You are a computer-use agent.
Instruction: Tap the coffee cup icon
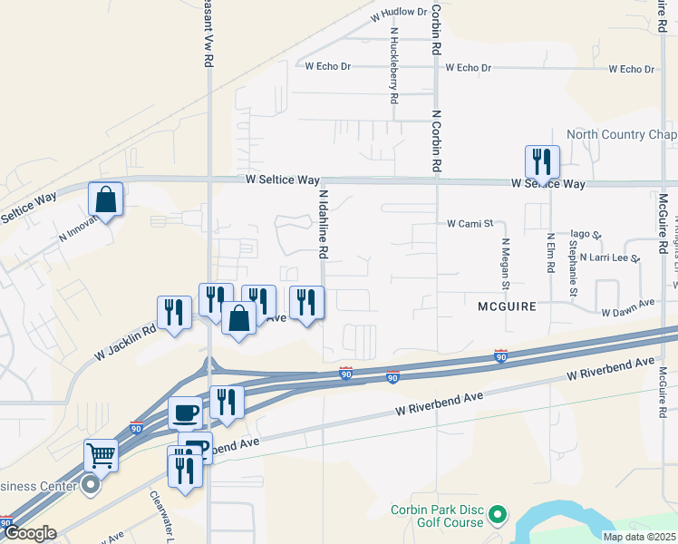(185, 413)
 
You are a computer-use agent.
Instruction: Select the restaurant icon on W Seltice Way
(541, 162)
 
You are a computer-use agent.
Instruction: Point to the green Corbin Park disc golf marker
(496, 516)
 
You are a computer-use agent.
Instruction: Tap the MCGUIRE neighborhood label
(507, 307)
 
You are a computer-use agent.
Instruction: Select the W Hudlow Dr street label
(399, 13)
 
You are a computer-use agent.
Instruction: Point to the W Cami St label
(469, 223)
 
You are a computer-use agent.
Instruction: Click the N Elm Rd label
(549, 255)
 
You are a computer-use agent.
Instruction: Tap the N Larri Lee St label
(610, 257)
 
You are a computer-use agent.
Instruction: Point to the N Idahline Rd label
(323, 223)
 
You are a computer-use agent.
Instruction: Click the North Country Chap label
(621, 135)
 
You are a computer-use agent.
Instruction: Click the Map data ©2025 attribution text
(639, 537)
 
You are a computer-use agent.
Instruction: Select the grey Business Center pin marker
(90, 485)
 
